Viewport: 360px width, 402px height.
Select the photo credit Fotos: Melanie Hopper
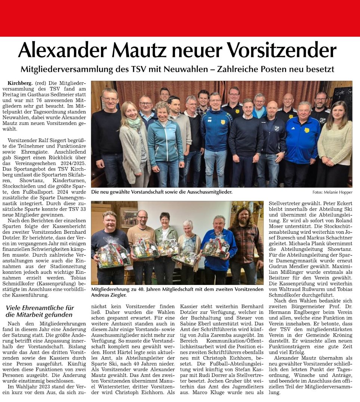click(x=332, y=192)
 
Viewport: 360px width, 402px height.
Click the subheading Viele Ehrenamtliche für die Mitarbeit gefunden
click(x=40, y=311)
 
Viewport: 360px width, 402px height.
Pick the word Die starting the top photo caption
click(x=95, y=192)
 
